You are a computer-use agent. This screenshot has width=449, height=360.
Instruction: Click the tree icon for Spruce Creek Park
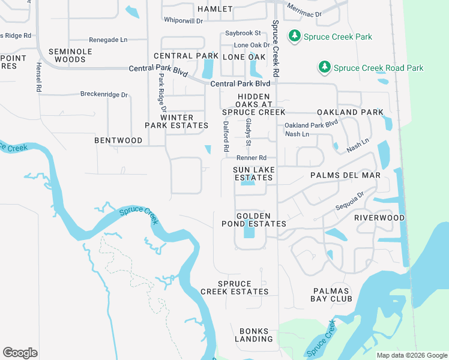pyautogui.click(x=294, y=37)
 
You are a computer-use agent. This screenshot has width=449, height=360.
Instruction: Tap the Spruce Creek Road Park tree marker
pyautogui.click(x=324, y=68)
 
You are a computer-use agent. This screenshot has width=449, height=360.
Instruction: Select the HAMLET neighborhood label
pyautogui.click(x=214, y=9)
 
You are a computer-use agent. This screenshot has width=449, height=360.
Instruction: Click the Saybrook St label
pyautogui.click(x=243, y=34)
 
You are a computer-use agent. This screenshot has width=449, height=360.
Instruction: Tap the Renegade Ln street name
pyautogui.click(x=108, y=40)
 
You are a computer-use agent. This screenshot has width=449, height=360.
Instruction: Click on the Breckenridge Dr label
pyautogui.click(x=104, y=94)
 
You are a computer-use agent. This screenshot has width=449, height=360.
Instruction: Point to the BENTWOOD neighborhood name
pyautogui.click(x=118, y=140)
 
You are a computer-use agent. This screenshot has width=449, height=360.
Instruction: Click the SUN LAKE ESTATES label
pyautogui.click(x=254, y=174)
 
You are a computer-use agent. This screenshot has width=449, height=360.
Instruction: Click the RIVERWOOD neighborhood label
pyautogui.click(x=379, y=218)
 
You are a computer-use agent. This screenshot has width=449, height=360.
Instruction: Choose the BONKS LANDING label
pyautogui.click(x=256, y=335)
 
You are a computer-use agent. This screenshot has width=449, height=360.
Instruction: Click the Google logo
pyautogui.click(x=20, y=353)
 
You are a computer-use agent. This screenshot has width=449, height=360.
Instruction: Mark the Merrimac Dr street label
pyautogui.click(x=304, y=10)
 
